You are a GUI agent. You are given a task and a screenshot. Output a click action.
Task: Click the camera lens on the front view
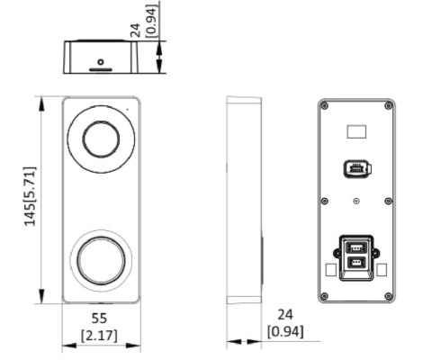[102, 138]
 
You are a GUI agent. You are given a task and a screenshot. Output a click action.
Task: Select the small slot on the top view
[100, 67]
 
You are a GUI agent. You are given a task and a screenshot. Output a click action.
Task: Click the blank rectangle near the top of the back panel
[357, 131]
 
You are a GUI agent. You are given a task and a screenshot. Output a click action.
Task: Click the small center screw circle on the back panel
[357, 202]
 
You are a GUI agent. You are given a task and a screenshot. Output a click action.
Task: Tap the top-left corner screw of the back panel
[325, 106]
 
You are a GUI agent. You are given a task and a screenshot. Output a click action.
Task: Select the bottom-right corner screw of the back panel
[390, 298]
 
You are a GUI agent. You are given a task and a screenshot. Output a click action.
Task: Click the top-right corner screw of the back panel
[390, 106]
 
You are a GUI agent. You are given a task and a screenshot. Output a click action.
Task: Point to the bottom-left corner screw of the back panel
[325, 298]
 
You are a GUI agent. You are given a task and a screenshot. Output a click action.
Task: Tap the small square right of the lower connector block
[383, 268]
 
